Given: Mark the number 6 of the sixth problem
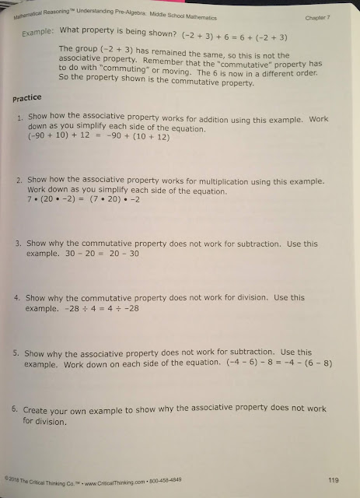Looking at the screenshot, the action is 18,409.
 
